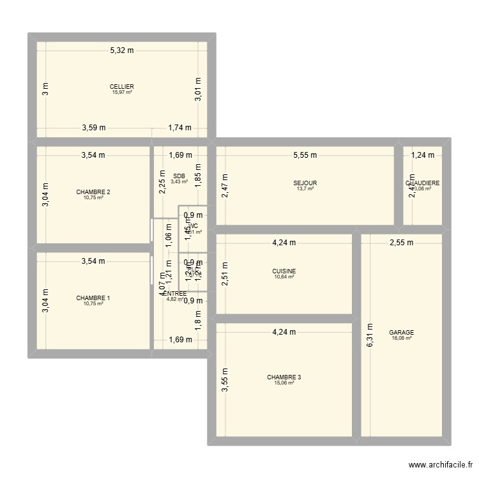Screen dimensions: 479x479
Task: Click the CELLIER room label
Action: point(121,86)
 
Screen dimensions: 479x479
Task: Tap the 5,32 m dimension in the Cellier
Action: point(122,50)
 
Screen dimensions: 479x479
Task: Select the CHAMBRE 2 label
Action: point(93,192)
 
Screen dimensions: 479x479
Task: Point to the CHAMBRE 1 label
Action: point(93,298)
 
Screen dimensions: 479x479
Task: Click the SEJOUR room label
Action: point(305,183)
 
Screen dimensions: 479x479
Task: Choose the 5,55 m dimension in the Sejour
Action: point(305,155)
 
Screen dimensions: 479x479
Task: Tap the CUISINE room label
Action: point(284,271)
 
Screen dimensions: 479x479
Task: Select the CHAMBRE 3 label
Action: point(284,377)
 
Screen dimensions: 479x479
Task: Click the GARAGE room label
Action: point(402,333)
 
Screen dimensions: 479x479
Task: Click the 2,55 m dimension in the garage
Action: point(402,243)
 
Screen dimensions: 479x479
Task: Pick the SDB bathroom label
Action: point(179,176)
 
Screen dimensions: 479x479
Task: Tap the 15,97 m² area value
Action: point(121,93)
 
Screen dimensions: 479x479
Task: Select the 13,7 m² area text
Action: point(305,189)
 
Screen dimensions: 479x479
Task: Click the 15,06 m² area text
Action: point(284,383)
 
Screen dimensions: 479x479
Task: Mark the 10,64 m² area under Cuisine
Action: point(284,277)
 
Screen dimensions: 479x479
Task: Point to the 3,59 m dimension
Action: point(94,128)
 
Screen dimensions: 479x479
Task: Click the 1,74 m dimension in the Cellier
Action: point(179,128)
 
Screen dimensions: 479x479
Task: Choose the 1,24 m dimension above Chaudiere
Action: point(422,155)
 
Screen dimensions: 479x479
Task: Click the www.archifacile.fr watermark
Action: point(440,465)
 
